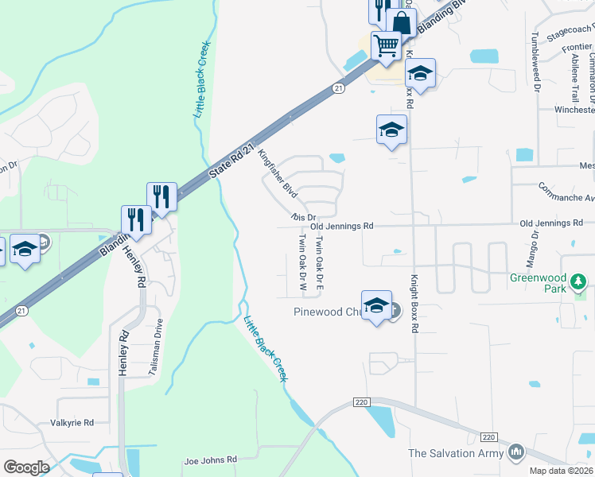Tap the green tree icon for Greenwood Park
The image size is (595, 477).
pos(579,281)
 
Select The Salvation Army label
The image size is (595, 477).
pos(456,453)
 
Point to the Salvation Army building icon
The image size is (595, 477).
pos(517,452)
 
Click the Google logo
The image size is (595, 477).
pos(26,467)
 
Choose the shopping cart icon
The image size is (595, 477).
pos(386,45)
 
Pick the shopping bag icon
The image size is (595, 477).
pos(402,23)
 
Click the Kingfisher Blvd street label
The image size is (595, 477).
pos(278,176)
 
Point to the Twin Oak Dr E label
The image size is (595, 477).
pos(320,261)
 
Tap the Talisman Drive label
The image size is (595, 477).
pos(157,347)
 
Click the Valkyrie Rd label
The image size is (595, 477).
pos(72,422)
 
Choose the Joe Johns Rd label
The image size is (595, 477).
pos(211,460)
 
